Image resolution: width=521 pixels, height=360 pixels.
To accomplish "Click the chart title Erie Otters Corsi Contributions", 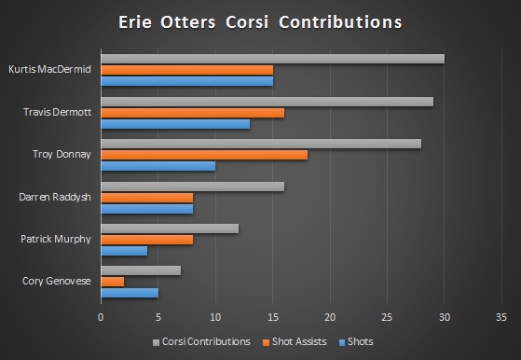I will (260, 22).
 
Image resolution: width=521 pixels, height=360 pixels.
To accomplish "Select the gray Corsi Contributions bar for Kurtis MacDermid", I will (272, 59).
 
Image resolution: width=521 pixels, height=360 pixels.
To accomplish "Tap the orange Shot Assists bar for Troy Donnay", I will (204, 155).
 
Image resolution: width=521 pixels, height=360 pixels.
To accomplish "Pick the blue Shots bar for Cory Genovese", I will (130, 292).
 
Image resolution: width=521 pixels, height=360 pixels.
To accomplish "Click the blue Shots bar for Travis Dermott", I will (175, 123).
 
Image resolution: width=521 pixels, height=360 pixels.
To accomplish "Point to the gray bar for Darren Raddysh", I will (192, 187).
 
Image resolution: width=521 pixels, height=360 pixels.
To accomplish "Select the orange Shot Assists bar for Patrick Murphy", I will (146, 239).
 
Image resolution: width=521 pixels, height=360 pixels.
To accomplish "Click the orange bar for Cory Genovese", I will (112, 282).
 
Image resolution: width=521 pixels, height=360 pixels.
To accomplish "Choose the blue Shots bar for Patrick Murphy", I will (123, 250).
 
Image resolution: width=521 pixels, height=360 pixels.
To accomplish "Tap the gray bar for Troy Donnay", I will (261, 144).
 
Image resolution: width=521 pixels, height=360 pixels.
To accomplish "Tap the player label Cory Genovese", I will (56, 282).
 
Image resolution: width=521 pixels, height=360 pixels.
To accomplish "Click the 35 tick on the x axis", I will (501, 317).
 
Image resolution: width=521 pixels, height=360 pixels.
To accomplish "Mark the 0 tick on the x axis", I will (101, 317).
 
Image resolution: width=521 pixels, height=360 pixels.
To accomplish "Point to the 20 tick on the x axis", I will (330, 317).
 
